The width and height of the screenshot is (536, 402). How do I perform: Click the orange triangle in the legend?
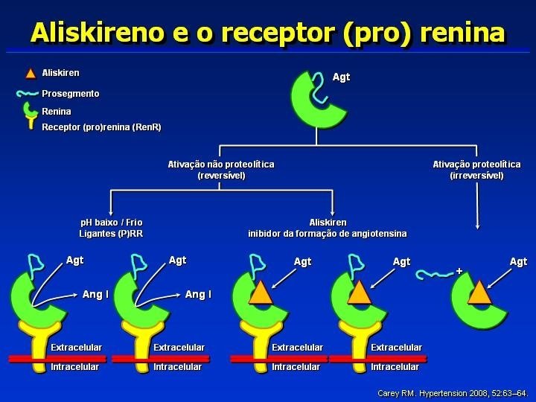pos(31,74)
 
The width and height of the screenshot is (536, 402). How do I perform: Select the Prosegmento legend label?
pos(70,94)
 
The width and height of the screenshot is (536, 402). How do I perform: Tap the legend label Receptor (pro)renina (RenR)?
pos(101,127)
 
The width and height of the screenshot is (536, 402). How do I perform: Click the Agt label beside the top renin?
pos(341,77)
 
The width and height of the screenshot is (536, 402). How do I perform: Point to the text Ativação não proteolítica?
pos(221,164)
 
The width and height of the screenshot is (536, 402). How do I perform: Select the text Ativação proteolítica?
pos(476,164)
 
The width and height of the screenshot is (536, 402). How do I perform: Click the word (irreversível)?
pos(476,176)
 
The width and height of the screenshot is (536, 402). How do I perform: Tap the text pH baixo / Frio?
pos(111,222)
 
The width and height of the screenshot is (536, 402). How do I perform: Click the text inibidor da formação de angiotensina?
pos(328,234)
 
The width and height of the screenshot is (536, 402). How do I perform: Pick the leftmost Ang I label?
pos(95,295)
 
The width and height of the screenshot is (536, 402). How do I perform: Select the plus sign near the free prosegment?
pos(459,271)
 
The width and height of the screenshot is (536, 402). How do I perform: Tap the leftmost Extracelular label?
pos(76,348)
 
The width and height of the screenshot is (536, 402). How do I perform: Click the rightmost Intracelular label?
pos(395,367)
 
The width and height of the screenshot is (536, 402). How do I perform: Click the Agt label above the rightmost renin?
pos(518,261)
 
